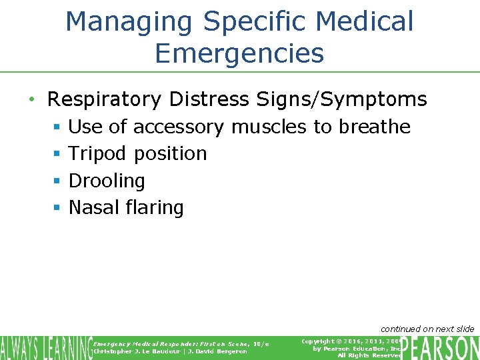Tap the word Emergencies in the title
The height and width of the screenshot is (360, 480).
pos(239,53)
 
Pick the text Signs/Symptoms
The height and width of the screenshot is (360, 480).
pos(342,100)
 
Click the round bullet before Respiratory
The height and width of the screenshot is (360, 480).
pos(32,100)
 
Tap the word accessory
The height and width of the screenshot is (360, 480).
pos(178,127)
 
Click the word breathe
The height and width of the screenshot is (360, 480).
pos(375,126)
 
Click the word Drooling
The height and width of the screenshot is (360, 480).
pos(107,181)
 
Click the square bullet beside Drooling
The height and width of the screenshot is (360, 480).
pos(57,181)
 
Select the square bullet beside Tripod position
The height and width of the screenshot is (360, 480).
pos(57,154)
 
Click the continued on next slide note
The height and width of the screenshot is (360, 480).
pos(427,329)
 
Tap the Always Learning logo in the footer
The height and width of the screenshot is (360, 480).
pos(46,347)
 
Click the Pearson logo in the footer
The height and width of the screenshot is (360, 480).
pos(441,347)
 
